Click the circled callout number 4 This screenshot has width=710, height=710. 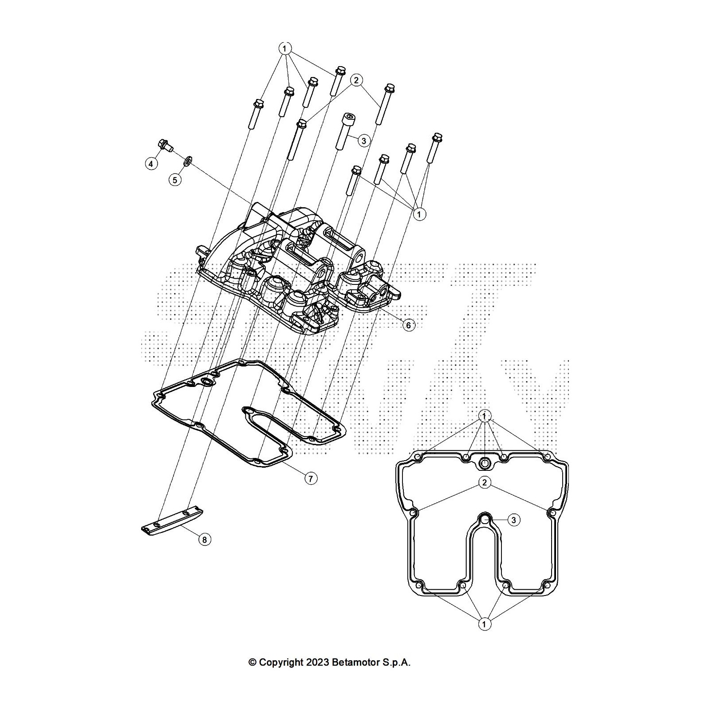[x=151, y=164]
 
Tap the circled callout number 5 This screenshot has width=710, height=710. [x=175, y=180]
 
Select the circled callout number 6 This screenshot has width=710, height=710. [x=408, y=325]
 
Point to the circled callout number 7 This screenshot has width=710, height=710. [x=311, y=478]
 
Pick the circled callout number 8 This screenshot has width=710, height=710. [x=204, y=540]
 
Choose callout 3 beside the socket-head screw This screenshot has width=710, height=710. [x=363, y=141]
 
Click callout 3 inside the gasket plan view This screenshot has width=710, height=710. [x=513, y=520]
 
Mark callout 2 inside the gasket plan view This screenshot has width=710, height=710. [x=485, y=482]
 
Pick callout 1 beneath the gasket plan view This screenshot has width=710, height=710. [x=484, y=624]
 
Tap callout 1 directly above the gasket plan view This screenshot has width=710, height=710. [x=485, y=416]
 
